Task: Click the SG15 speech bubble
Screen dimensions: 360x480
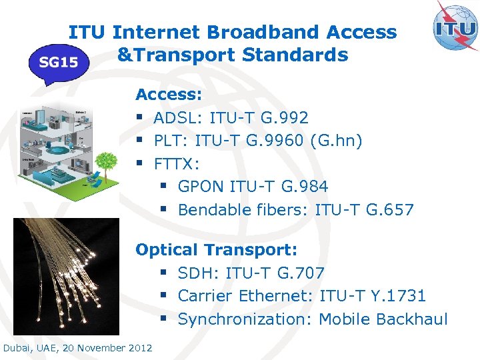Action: (x=59, y=63)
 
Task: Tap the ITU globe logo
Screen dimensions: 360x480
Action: (x=456, y=27)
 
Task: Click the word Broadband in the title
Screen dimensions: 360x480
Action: (x=273, y=32)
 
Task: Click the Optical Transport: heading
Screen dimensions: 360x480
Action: (x=216, y=250)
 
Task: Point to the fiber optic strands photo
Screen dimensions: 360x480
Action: (x=66, y=276)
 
